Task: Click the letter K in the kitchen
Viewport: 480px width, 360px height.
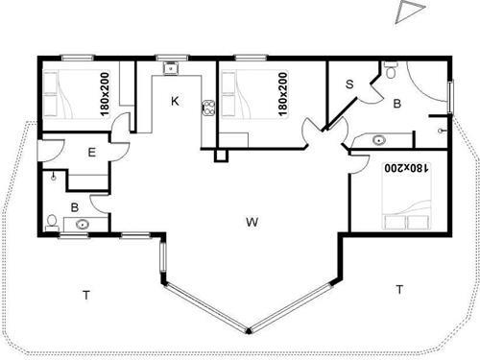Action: [175, 100]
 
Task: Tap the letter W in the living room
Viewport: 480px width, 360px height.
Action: [252, 223]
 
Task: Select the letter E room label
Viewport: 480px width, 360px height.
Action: [90, 153]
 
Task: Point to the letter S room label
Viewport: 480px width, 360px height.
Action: [349, 84]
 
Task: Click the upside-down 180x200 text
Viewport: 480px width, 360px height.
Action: [405, 168]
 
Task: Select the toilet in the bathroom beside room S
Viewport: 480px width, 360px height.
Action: [391, 70]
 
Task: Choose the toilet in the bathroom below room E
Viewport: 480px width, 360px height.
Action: [52, 221]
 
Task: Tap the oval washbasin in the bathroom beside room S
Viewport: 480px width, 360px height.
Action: [372, 141]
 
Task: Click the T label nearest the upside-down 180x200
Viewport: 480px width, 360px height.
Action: [397, 288]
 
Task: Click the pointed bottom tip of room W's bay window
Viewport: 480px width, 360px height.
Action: [249, 331]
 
